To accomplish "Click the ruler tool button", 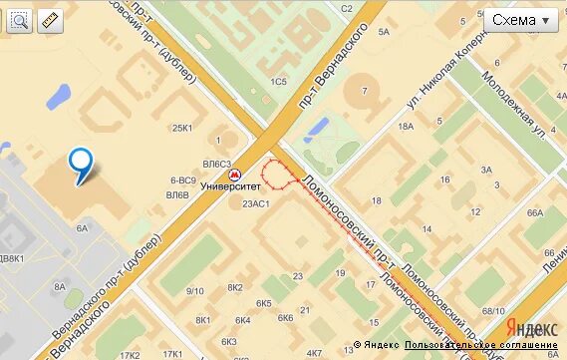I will pos(50,20).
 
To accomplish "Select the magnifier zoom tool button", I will pos(19,20).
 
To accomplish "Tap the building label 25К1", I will pos(182,128).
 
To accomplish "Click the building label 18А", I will pos(406,127).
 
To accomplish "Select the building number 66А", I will pos(534,212).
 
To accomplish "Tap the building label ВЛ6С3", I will pos(216,164).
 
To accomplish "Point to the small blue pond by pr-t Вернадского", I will pos(317,128).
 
